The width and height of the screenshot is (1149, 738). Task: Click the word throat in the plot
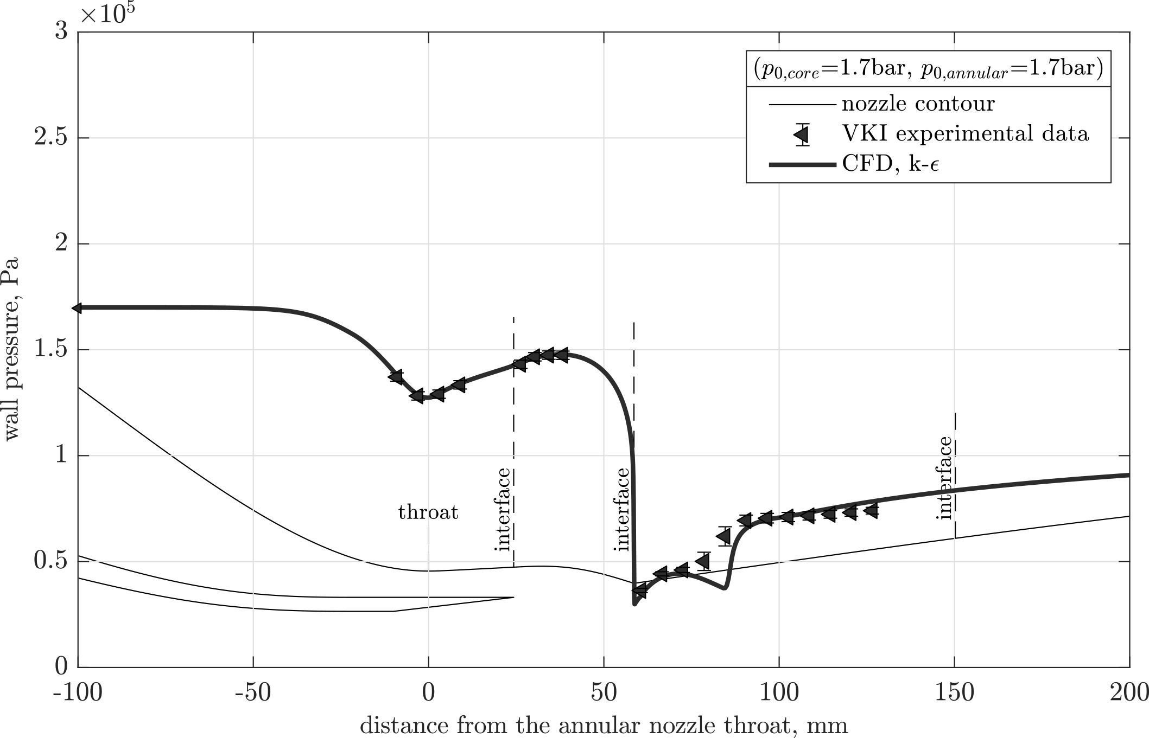tap(428, 512)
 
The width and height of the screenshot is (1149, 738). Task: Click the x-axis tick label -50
tap(253, 694)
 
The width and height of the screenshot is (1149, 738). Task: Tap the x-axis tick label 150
tap(954, 694)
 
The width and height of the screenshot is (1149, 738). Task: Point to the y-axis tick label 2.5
tap(51, 138)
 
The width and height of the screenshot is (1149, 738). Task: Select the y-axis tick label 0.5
tap(51, 561)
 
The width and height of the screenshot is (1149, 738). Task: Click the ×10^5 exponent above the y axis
tap(107, 14)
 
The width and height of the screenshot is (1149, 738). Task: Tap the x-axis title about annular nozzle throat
tap(604, 726)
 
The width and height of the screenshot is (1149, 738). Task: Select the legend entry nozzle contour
tap(918, 104)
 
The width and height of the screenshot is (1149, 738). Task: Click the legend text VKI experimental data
tap(965, 133)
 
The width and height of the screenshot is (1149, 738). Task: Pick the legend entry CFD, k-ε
tap(890, 163)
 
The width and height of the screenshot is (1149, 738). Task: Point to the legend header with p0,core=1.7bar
tap(928, 70)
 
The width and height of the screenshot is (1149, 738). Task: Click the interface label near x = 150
tap(945, 478)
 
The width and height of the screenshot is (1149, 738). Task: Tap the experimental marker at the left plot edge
tap(78, 308)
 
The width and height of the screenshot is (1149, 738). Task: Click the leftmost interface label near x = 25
tap(504, 509)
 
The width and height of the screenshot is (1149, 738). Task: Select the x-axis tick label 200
tap(1129, 694)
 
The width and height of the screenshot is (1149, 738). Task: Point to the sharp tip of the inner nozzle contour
tap(512, 598)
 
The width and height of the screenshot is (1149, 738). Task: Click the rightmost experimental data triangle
tap(871, 510)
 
